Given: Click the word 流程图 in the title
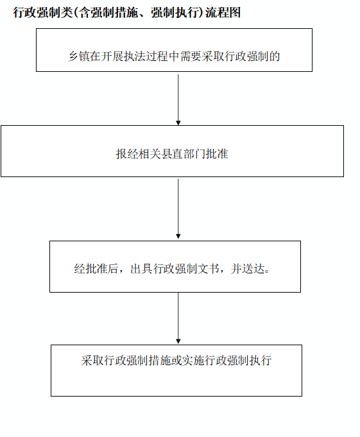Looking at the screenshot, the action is click(x=223, y=13).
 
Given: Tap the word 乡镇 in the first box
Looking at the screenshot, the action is click(x=79, y=56).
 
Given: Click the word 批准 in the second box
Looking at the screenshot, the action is click(x=217, y=154).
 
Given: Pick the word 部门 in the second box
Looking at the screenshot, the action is click(x=194, y=154).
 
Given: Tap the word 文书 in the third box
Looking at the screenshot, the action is click(x=209, y=269).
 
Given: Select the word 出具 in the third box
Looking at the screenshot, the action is click(x=141, y=269).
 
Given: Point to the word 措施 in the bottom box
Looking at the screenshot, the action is click(x=160, y=361).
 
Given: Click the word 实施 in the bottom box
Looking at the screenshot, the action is click(x=194, y=361).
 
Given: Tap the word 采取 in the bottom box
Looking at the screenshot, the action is click(x=92, y=361).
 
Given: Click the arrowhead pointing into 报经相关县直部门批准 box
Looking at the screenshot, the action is click(x=178, y=123).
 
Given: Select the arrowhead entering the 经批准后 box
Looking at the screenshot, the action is click(x=178, y=236).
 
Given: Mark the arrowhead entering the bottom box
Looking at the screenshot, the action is click(x=178, y=341).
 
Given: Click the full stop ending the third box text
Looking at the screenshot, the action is click(x=267, y=271).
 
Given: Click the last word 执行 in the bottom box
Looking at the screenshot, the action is click(x=261, y=361).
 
